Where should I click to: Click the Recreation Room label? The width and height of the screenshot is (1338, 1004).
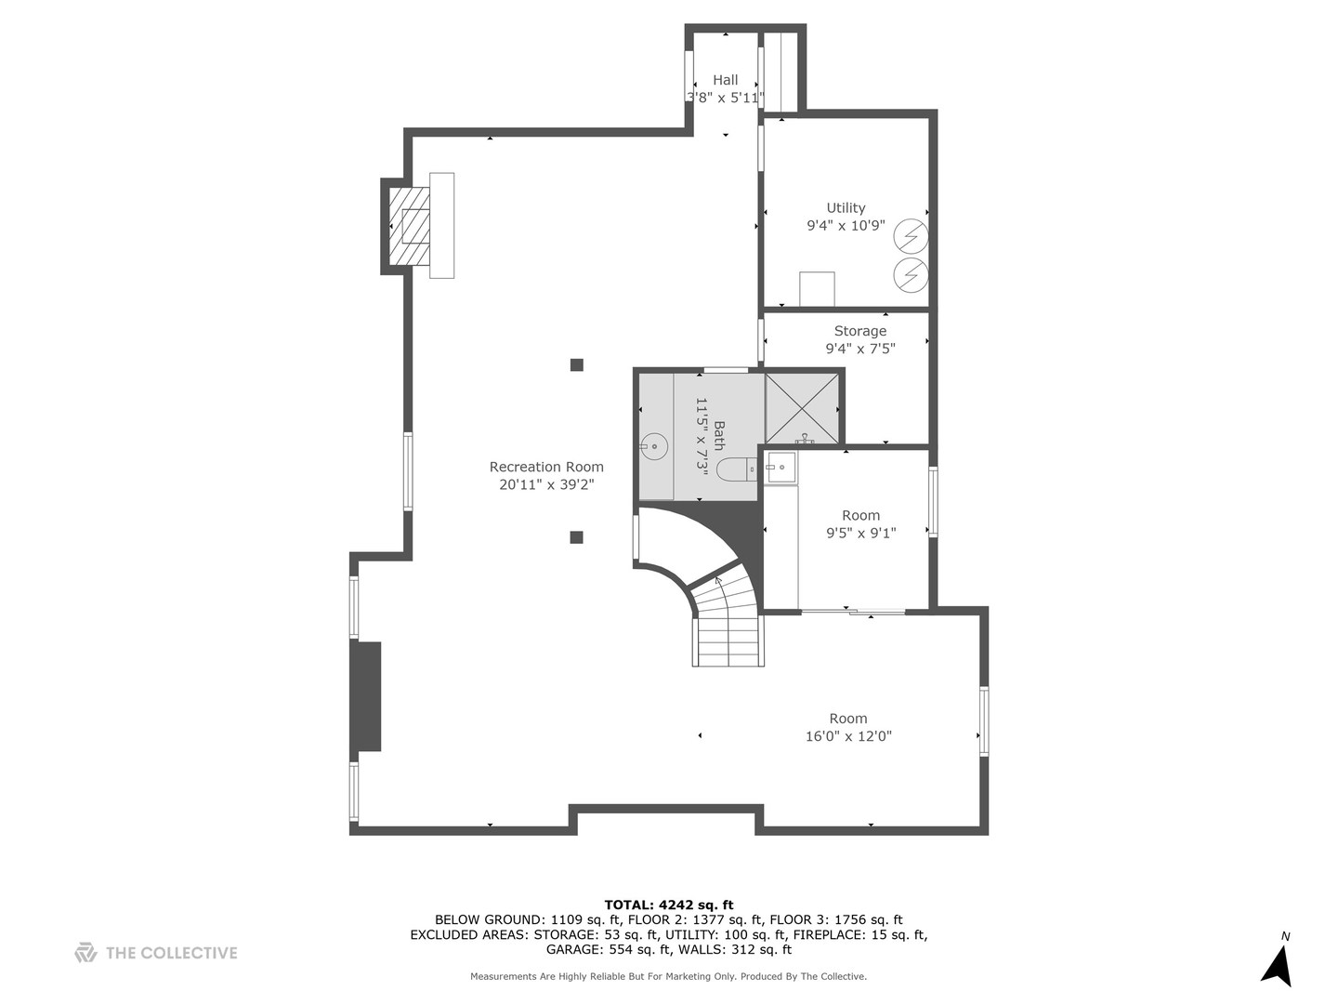coord(546,467)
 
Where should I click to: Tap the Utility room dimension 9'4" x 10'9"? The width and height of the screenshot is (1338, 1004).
coord(846,226)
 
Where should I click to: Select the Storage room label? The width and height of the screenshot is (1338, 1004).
coord(860,331)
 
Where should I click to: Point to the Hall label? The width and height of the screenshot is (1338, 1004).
coord(726,80)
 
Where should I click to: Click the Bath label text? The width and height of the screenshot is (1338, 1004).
coord(719,435)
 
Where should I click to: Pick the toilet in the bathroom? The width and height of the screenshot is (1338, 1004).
coord(736,470)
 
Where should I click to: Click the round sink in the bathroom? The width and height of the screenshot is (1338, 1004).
coord(655,446)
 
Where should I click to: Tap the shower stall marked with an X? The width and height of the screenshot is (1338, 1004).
coord(802,408)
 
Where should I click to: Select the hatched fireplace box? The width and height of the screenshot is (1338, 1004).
coord(409,226)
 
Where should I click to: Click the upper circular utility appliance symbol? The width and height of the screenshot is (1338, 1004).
coord(911,236)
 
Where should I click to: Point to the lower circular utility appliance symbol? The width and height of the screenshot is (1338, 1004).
coord(911,275)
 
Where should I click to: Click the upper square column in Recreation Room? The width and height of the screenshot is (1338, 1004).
coord(577,365)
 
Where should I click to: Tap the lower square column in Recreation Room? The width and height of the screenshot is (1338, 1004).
coord(577,537)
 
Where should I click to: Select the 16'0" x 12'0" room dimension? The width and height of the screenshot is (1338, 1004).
coord(848,736)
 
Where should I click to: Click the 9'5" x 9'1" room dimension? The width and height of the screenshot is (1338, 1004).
coord(860,534)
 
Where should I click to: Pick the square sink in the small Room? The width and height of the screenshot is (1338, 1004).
coord(780,468)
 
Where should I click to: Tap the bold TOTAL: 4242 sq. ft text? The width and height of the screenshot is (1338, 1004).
coord(669,905)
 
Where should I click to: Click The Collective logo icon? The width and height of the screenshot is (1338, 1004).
coord(85,952)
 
